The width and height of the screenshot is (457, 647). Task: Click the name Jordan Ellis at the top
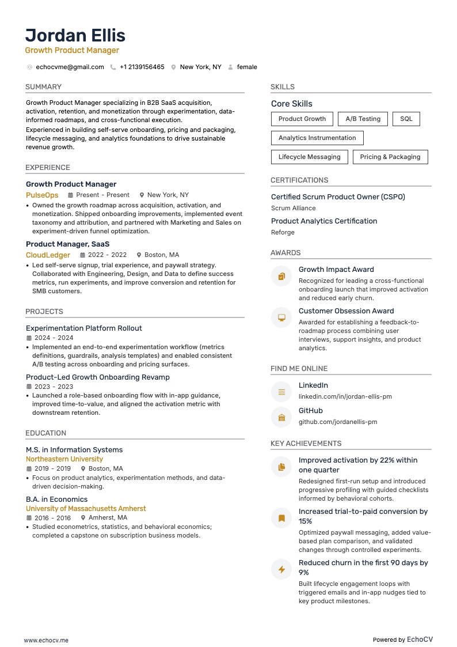click(75, 35)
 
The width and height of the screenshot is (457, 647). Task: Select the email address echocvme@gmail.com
click(70, 67)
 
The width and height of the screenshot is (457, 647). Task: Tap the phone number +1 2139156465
click(142, 67)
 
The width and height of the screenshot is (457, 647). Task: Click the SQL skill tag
click(406, 119)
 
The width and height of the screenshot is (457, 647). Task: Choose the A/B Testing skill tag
click(363, 119)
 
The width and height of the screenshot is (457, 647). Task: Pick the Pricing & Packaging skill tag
click(390, 157)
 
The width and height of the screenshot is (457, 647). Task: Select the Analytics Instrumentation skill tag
click(317, 138)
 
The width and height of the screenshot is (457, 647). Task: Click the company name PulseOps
click(42, 195)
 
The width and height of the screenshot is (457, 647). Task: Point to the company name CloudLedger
click(48, 255)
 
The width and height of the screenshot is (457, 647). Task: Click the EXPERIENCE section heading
click(48, 168)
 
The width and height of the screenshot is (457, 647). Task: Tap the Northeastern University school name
click(64, 459)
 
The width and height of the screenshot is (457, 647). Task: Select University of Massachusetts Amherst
click(86, 509)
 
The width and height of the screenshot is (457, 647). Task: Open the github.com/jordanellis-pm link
click(338, 422)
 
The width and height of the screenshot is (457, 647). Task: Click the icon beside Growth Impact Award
click(281, 277)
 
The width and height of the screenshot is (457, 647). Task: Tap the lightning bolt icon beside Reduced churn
click(281, 569)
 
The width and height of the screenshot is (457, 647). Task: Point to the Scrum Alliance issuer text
click(293, 208)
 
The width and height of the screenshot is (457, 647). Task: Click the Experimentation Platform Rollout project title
click(84, 328)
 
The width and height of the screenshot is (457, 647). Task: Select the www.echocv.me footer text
click(46, 640)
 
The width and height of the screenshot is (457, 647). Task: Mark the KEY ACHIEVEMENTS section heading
click(306, 444)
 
